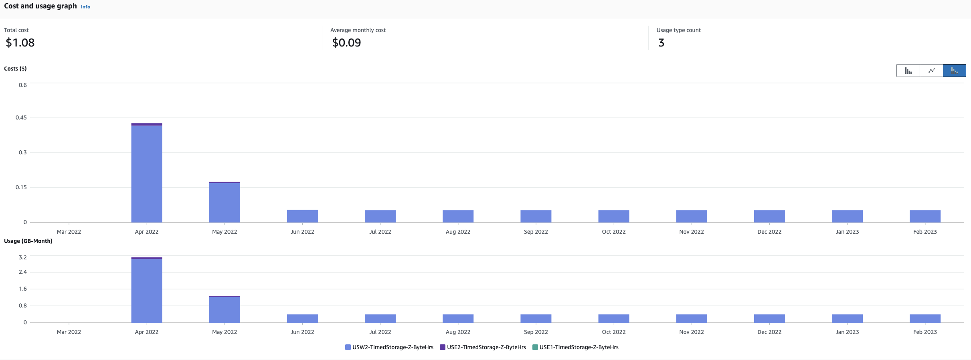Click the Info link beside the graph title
pos(85,7)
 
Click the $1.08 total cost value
pos(20,42)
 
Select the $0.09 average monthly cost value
pos(346,42)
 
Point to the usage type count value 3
pos(661,42)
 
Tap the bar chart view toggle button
pos(908,71)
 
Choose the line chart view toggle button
pos(931,71)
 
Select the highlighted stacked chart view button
pos(954,71)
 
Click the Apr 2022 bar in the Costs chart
pos(147,174)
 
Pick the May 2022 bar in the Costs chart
pos(225,202)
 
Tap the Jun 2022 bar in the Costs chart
pos(302,216)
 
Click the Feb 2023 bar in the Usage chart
pos(925,318)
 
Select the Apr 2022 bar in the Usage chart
pos(147,291)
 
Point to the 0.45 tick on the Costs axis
pos(21,117)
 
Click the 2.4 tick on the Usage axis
pos(23,272)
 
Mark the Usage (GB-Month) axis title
pos(28,241)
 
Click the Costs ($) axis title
pos(15,69)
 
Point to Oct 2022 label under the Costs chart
pos(613,232)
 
